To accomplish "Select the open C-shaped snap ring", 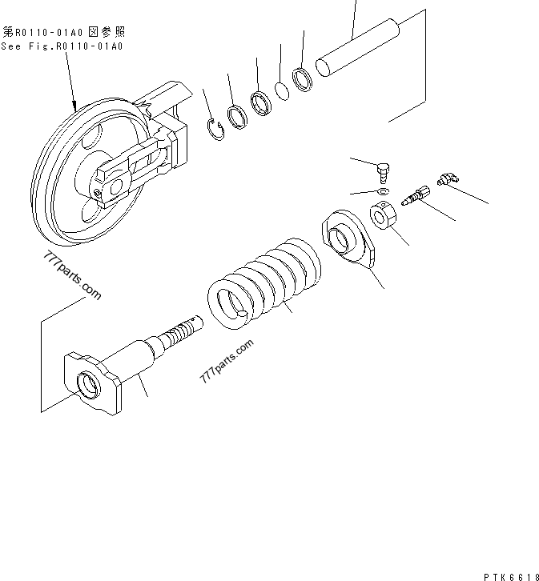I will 215,128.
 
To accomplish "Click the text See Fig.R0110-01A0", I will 62,46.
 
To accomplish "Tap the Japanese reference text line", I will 64,32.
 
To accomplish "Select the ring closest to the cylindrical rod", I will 304,80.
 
